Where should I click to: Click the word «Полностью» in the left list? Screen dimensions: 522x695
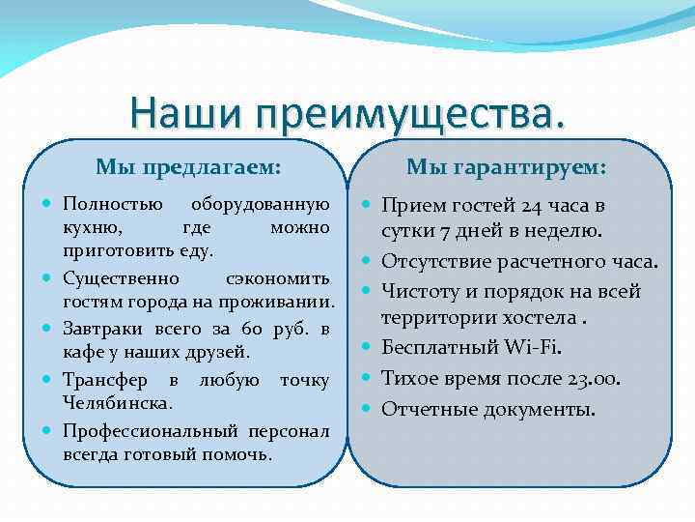103,205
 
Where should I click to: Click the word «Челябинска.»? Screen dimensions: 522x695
118,401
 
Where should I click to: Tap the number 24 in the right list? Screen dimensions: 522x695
532,206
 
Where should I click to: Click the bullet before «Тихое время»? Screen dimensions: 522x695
367,377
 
